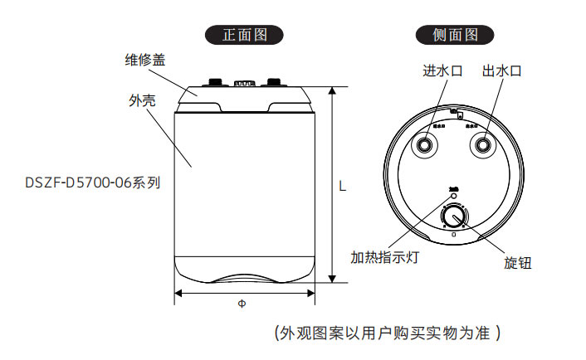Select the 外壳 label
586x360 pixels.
click(142, 100)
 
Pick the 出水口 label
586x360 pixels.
click(502, 71)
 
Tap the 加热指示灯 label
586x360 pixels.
click(384, 257)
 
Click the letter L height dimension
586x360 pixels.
click(342, 187)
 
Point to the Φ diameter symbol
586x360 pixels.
click(242, 304)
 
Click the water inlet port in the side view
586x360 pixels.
click(426, 145)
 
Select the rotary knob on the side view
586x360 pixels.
click(454, 217)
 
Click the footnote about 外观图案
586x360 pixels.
click(387, 333)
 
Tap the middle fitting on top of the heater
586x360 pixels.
click(245, 83)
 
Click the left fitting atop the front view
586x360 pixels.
click(216, 82)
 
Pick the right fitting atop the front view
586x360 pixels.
click(273, 82)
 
